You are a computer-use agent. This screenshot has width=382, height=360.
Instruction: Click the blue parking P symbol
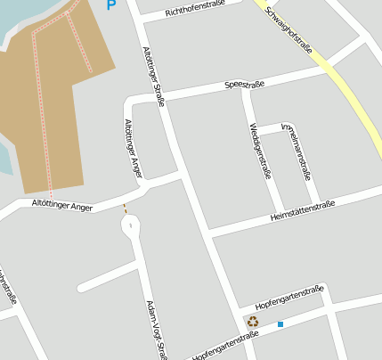click(111, 5)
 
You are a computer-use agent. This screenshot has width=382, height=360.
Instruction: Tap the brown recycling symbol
click(253, 322)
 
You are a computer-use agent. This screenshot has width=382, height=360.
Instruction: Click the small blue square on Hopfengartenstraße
click(280, 324)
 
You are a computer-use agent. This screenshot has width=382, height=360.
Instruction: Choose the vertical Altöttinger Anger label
click(134, 147)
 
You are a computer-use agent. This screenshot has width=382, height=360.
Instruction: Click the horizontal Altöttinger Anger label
click(62, 207)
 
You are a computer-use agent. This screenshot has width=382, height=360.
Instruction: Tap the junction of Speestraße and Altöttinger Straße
click(166, 96)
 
